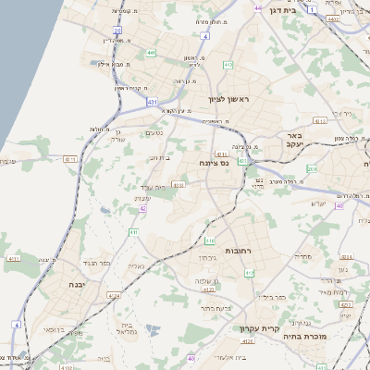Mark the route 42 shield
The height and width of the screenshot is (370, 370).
tap(142, 209)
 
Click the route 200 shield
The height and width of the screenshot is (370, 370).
tap(312, 170)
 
